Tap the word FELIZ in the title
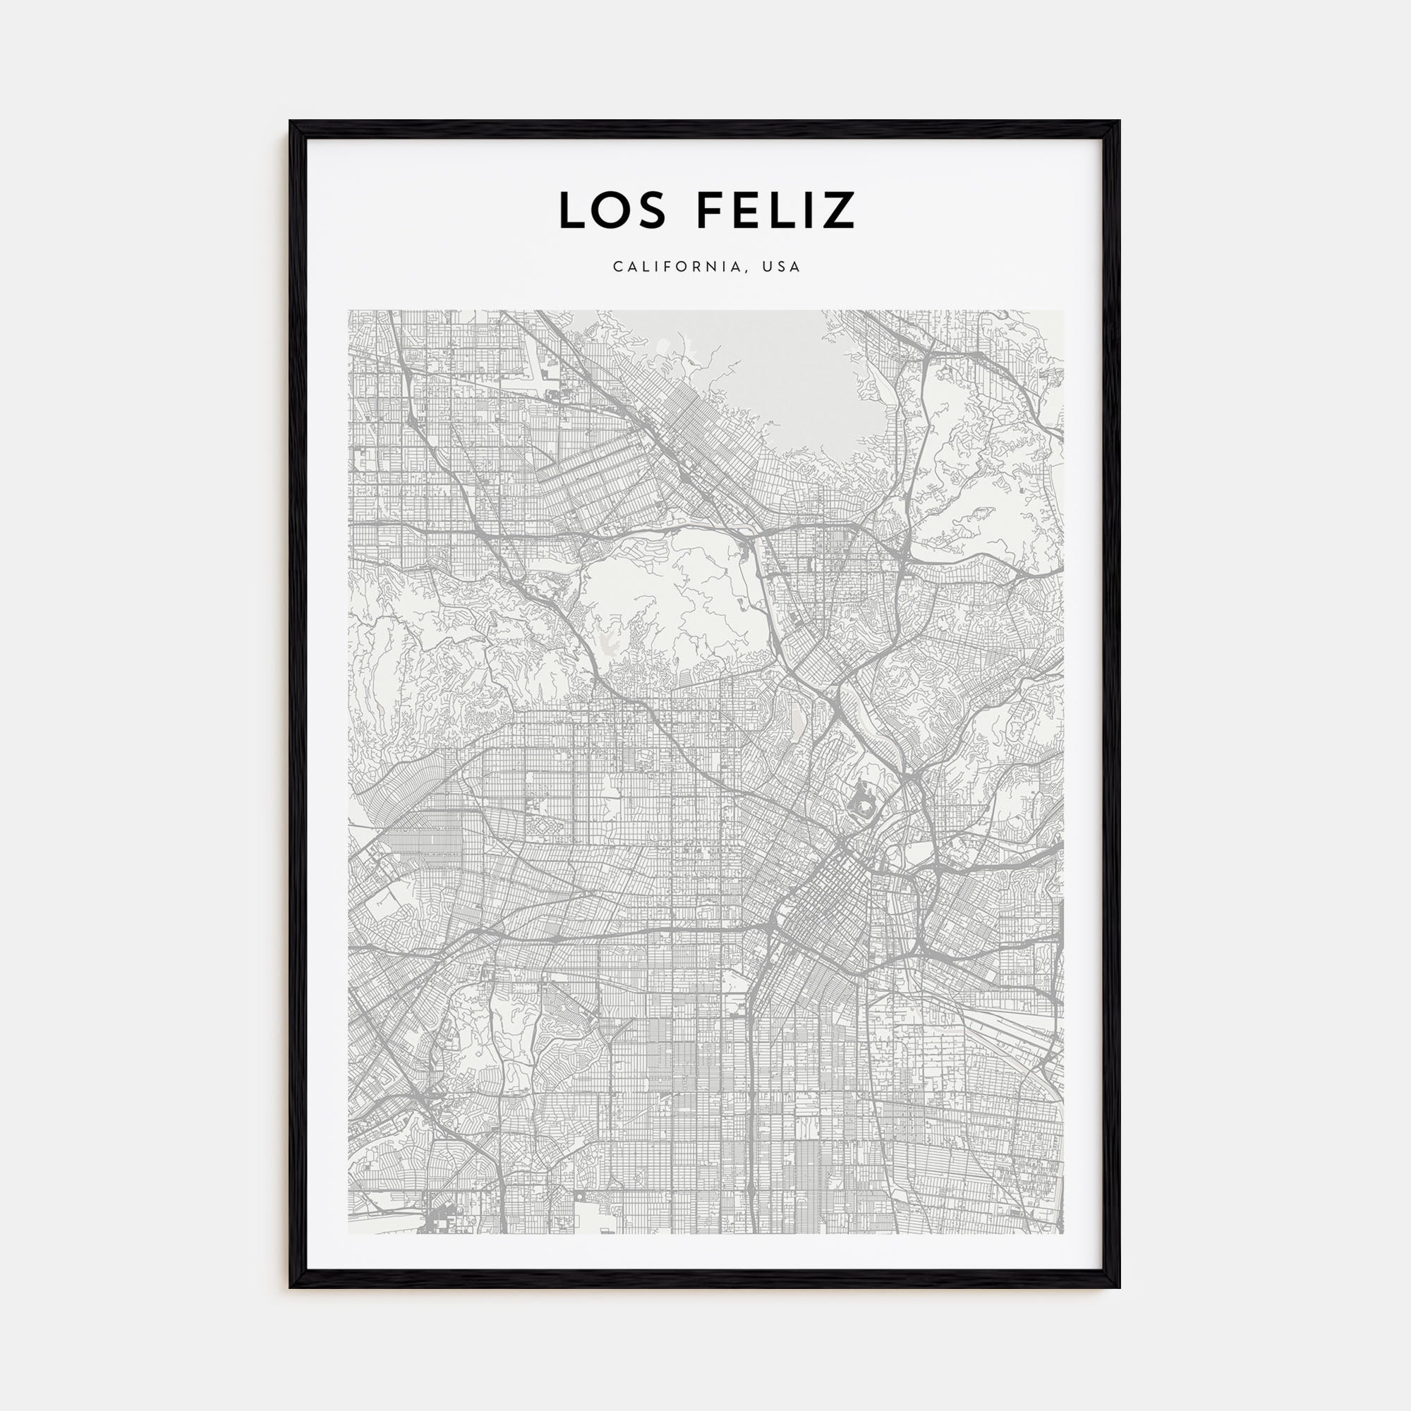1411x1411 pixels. point(775,210)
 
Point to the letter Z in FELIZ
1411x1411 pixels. point(839,210)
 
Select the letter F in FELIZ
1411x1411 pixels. point(709,210)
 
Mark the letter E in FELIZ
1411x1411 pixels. point(745,210)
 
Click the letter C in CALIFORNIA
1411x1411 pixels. point(618,267)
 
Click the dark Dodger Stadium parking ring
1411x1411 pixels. point(863,807)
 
